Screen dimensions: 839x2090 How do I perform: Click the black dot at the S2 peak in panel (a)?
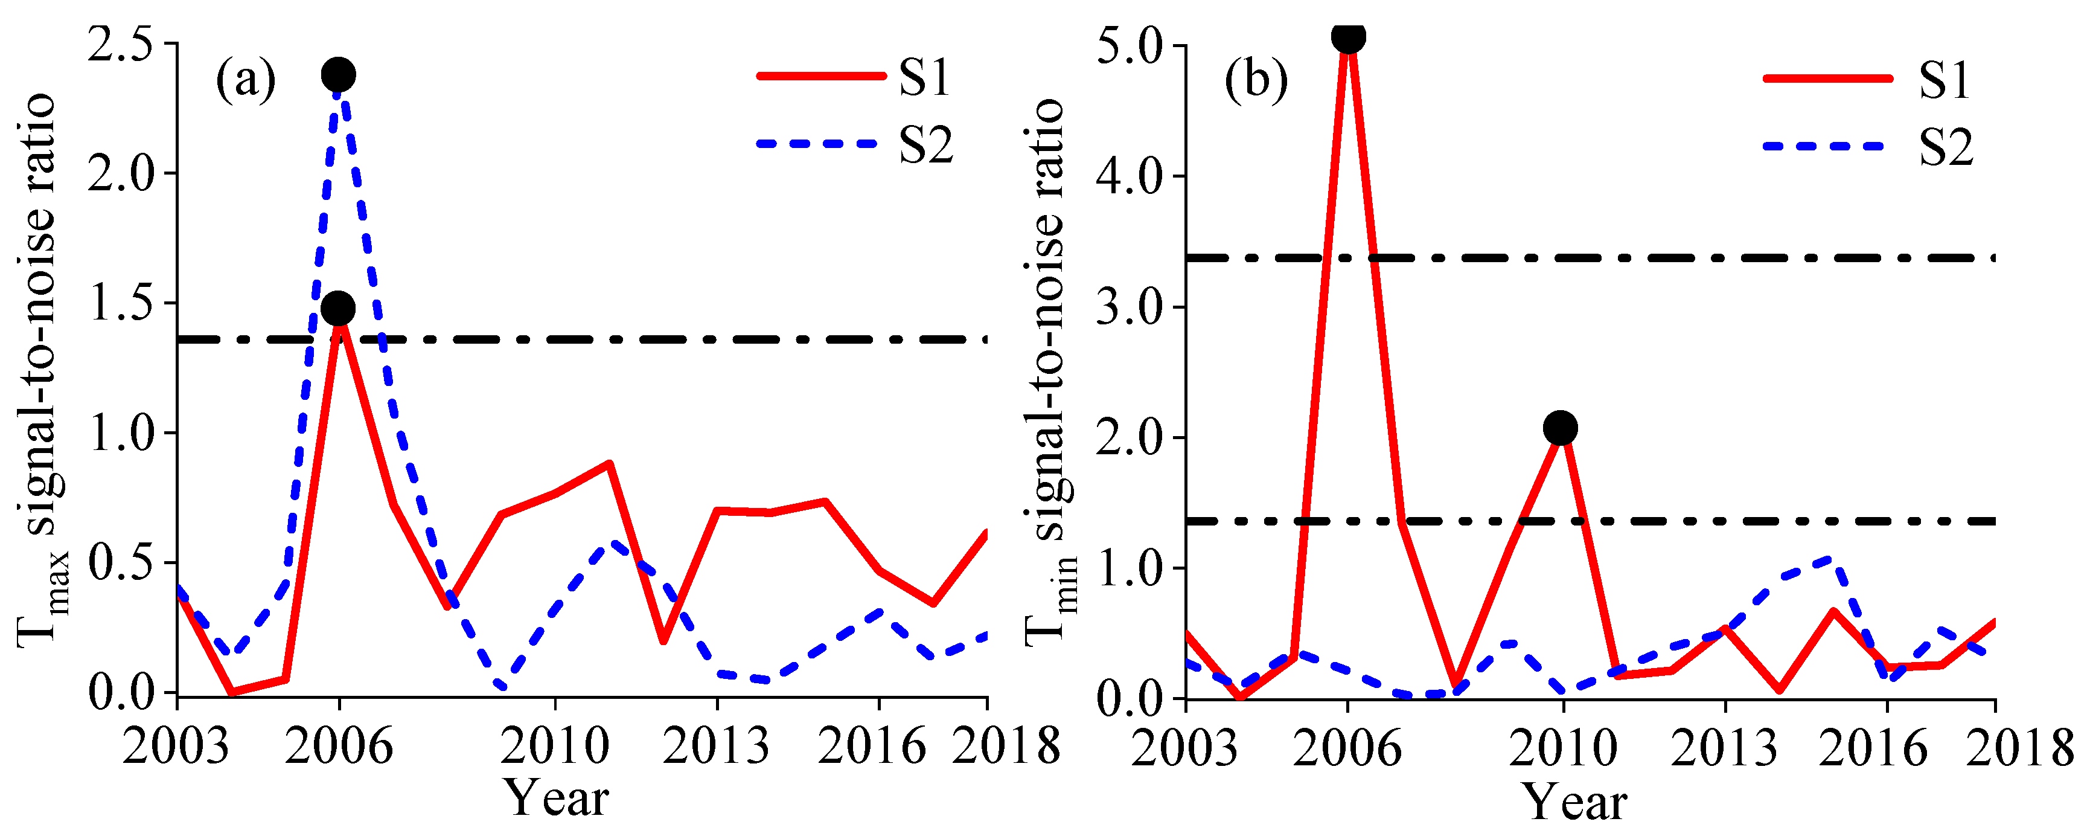[338, 75]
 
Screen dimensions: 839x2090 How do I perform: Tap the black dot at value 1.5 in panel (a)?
[338, 308]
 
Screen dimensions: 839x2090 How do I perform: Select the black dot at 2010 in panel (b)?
[1560, 428]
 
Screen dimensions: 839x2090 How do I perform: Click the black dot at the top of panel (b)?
[1347, 36]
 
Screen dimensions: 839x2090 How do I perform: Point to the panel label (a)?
[245, 80]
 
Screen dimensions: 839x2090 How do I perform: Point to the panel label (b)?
[1255, 80]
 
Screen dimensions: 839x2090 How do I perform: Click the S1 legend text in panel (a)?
[924, 78]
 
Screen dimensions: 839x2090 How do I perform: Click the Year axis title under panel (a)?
[556, 799]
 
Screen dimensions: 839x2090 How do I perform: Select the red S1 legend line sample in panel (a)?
[821, 76]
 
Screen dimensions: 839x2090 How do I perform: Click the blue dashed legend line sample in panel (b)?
[1827, 146]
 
